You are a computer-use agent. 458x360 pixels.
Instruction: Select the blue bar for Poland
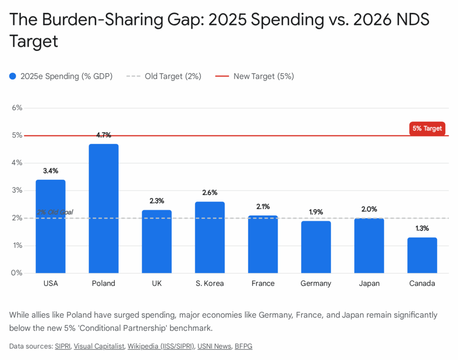tap(104, 208)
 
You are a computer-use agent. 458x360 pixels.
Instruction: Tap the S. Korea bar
tap(210, 237)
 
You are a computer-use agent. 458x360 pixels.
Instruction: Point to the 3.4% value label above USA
tap(51, 171)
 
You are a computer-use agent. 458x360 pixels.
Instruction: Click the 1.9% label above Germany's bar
tap(316, 212)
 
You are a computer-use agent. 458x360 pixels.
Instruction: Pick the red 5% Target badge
tap(427, 128)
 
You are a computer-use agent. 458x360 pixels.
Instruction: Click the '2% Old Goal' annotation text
tap(55, 212)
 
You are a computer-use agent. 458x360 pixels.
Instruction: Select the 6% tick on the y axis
tap(17, 108)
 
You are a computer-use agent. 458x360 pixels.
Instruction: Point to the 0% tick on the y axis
tap(17, 273)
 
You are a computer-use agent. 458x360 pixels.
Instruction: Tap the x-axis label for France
tap(263, 284)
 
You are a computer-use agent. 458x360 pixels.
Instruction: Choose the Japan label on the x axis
tap(369, 284)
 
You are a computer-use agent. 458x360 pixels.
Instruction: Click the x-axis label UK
tap(157, 284)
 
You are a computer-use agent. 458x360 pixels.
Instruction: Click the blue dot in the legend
tap(13, 76)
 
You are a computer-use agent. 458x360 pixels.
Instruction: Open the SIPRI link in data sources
tap(63, 346)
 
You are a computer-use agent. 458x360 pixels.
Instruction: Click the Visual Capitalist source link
tap(98, 346)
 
